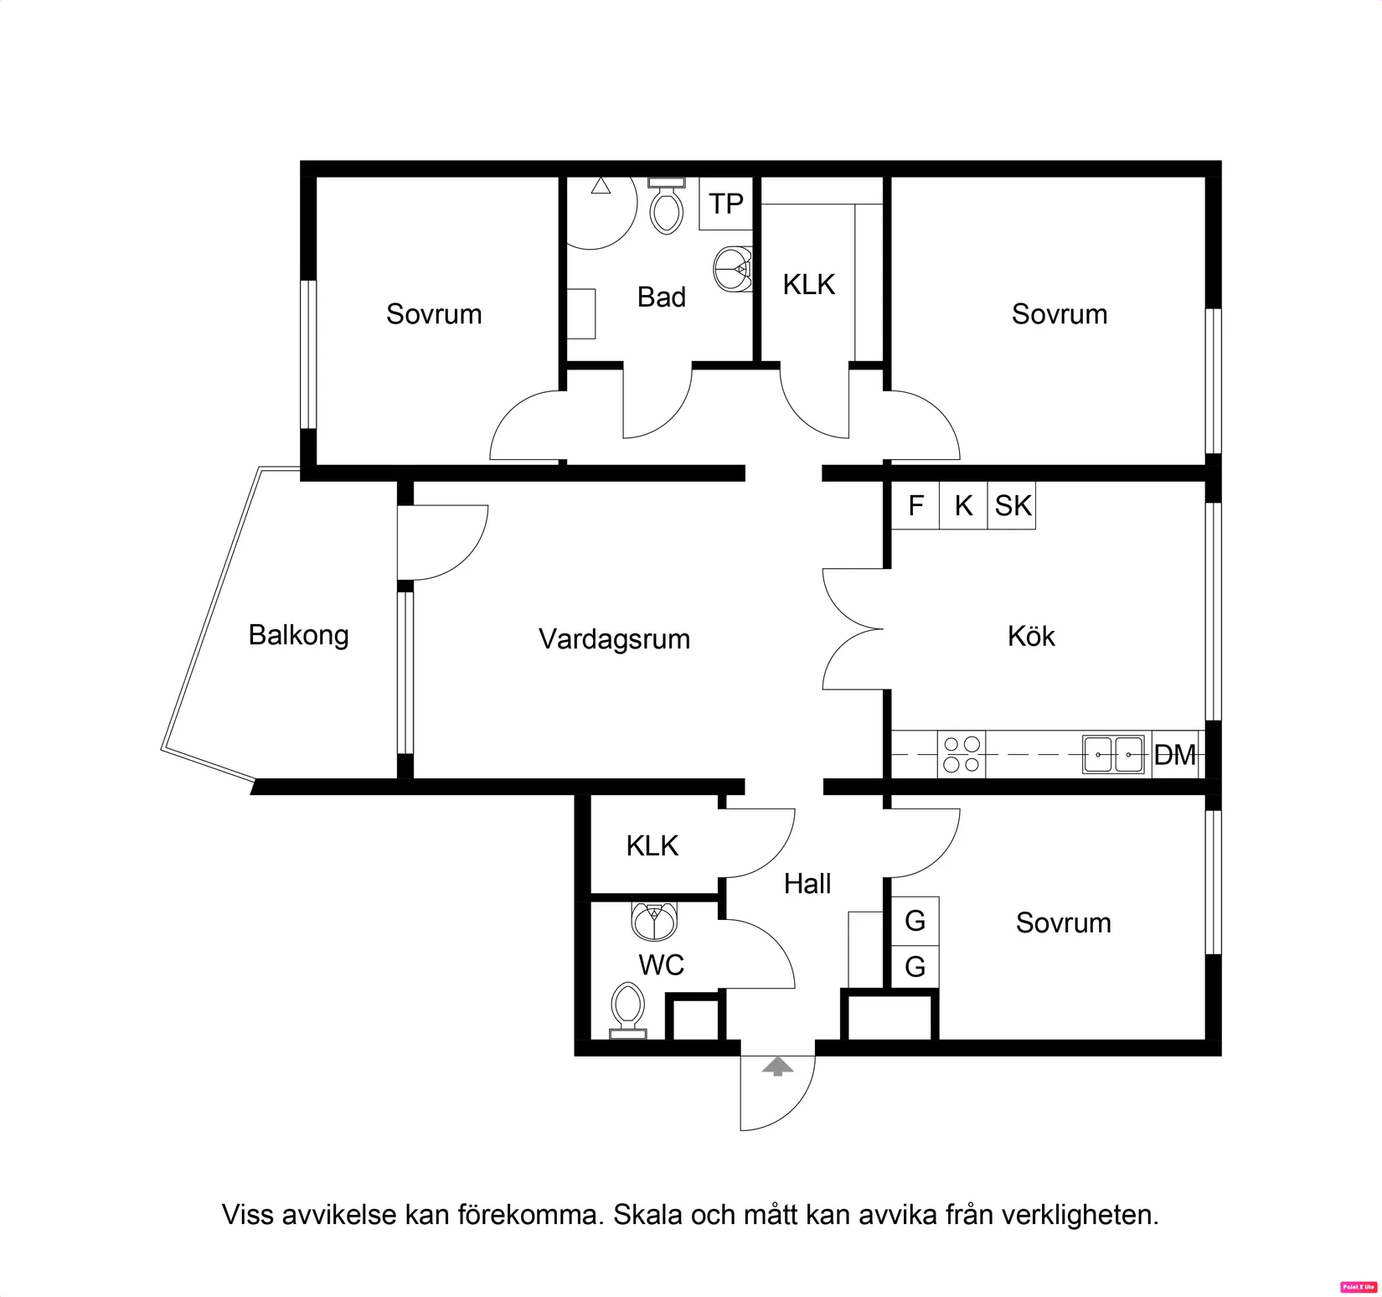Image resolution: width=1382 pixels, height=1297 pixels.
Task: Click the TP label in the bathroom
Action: (x=725, y=204)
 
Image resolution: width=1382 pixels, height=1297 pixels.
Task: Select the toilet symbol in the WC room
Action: (x=627, y=1010)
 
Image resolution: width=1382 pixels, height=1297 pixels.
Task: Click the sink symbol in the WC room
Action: (x=654, y=922)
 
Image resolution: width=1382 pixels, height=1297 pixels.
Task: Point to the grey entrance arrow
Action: (x=778, y=1067)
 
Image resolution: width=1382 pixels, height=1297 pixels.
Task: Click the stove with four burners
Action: (x=962, y=754)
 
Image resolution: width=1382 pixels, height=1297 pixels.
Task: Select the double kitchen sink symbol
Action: (x=1113, y=754)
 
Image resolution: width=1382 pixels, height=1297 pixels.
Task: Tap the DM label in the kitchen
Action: (x=1174, y=755)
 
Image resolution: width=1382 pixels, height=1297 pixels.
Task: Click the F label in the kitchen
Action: (x=915, y=505)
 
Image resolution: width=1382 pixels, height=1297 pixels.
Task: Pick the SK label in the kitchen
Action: (x=1013, y=505)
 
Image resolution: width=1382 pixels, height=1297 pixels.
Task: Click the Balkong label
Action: (x=298, y=635)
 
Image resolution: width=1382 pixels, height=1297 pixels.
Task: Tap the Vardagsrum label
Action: (x=614, y=639)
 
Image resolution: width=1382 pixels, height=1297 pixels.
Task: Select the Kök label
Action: (x=1031, y=637)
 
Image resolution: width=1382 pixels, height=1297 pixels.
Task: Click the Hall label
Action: (x=807, y=883)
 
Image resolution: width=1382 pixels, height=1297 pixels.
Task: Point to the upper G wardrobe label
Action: (x=915, y=921)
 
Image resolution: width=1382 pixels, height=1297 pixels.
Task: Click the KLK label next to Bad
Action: (x=808, y=285)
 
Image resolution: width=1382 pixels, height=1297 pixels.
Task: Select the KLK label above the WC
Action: (x=652, y=845)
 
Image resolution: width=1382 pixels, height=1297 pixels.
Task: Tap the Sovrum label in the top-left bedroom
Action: (x=434, y=314)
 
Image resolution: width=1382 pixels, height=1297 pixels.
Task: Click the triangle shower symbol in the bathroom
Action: (x=601, y=186)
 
